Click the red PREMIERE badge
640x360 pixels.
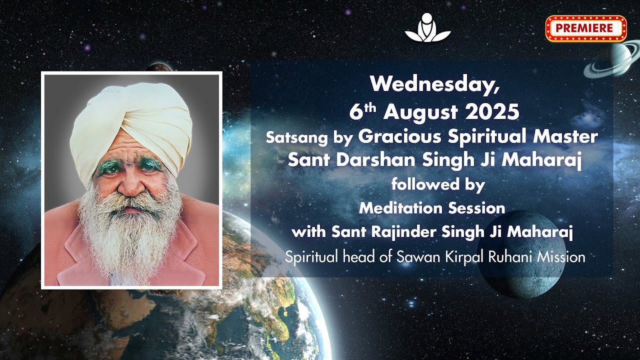[x=585, y=28]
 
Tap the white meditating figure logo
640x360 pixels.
[x=427, y=27]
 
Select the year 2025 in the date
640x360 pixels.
[x=492, y=112]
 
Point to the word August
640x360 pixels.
[x=421, y=112]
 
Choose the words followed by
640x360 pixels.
[x=437, y=184]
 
